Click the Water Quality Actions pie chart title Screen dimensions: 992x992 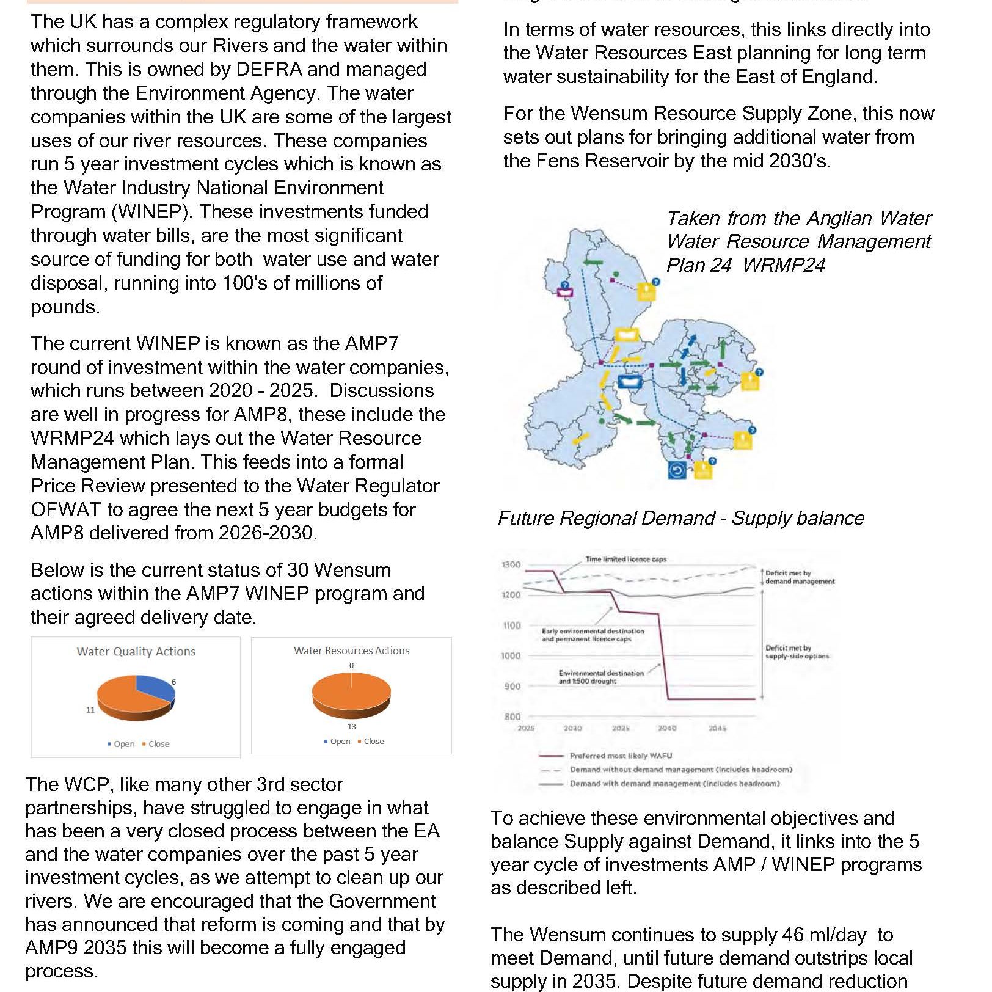click(x=136, y=652)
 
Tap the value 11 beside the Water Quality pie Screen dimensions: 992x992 click(x=90, y=710)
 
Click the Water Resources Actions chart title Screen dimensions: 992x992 click(x=351, y=651)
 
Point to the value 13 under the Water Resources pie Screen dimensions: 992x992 click(x=351, y=727)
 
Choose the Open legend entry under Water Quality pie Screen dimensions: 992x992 click(x=121, y=744)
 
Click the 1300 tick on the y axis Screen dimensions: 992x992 click(x=511, y=565)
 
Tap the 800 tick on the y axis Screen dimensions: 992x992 click(x=512, y=717)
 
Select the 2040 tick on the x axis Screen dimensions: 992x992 click(x=667, y=729)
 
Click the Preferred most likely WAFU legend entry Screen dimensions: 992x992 click(x=621, y=756)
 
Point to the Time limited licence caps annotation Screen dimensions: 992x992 click(x=626, y=560)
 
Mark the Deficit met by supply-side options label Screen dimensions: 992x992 click(x=797, y=652)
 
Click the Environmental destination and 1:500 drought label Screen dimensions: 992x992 click(x=601, y=677)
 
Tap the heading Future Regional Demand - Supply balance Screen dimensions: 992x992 click(x=681, y=519)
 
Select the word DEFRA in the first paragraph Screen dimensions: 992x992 click(x=269, y=69)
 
